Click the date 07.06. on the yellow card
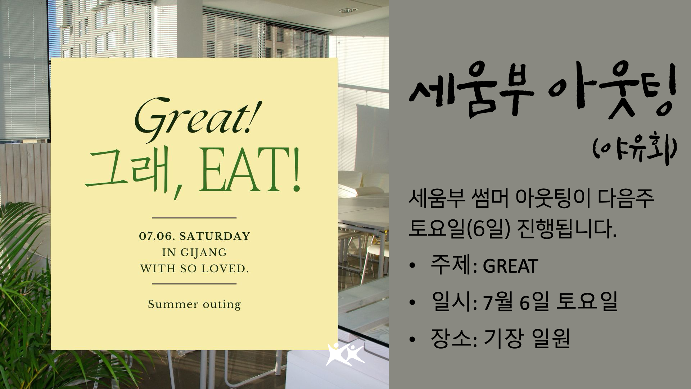point(157,237)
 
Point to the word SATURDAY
point(214,237)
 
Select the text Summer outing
point(194,304)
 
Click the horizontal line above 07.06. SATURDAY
point(194,218)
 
